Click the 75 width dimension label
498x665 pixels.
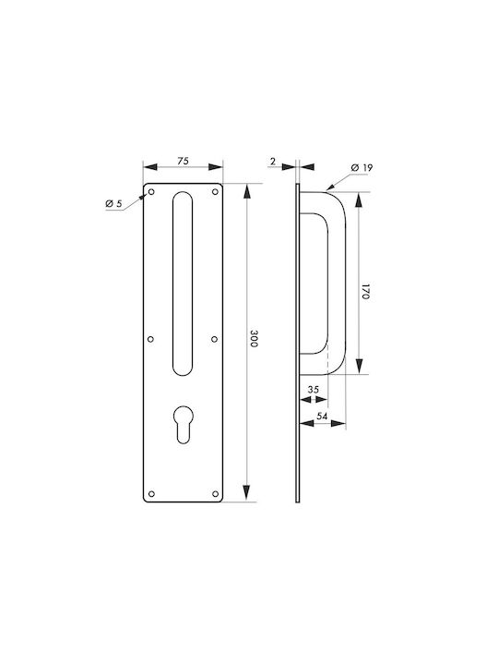tap(183, 161)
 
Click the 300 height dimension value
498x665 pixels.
tap(254, 339)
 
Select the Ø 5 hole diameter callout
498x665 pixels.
tap(113, 204)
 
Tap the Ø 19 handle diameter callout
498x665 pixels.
tap(362, 167)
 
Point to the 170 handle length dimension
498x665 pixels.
tap(366, 292)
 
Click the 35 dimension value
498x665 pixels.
tap(313, 390)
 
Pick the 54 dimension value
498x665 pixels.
tap(322, 417)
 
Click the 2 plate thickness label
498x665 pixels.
tap(273, 161)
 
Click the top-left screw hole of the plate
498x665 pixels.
tap(151, 192)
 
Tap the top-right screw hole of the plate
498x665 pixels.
tap(215, 192)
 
